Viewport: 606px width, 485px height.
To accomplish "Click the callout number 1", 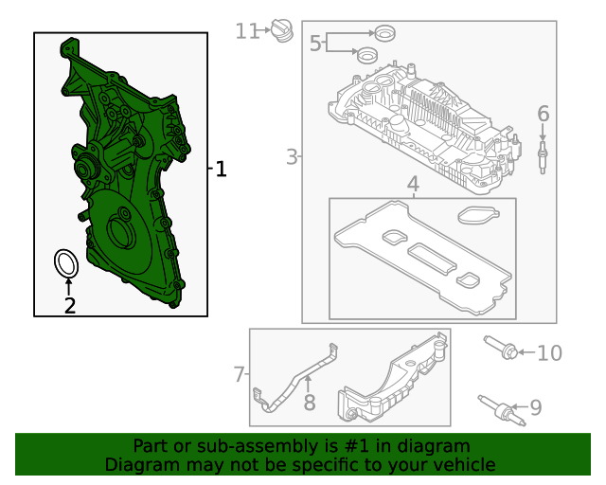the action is pos(221,169).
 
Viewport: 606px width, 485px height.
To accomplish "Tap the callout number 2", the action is pos(70,305).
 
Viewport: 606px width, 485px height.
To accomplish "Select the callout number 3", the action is pos(293,157).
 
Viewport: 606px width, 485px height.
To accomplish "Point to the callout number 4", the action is pos(413,184).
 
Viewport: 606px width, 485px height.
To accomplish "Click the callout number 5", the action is pos(315,43).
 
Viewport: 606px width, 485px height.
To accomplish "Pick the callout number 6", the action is pos(543,114).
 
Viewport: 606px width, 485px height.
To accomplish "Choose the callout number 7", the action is pos(240,374).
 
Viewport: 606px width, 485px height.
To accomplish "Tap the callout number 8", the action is pos(310,403).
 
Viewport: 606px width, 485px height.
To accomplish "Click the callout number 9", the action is pos(536,407).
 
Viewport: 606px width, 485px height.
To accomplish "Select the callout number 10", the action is pos(550,352).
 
